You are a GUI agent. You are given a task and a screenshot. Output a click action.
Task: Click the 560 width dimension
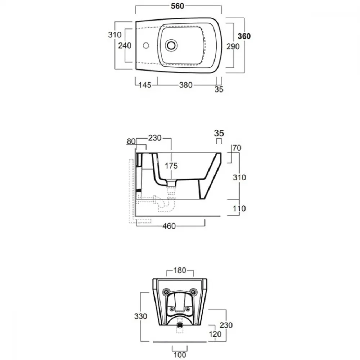(177, 6)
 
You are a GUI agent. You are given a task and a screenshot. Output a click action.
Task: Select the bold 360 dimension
(244, 36)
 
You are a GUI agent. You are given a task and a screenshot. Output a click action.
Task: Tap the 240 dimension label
(125, 45)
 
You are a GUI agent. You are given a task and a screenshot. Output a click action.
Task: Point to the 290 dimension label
(233, 46)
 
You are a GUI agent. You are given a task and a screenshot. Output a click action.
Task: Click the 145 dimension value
(145, 85)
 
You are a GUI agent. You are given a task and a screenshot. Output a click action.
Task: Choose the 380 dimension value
(185, 85)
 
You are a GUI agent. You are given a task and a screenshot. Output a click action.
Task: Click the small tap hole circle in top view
(146, 45)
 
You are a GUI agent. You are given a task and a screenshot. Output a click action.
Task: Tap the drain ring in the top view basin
(171, 45)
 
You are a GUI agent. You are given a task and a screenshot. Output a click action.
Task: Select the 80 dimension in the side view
(131, 141)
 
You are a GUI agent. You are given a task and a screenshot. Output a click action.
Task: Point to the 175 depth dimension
(171, 166)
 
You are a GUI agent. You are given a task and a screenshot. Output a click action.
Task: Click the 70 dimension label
(237, 148)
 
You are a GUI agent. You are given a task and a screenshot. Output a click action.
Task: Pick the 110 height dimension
(239, 208)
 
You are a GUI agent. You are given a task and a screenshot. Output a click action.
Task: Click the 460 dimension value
(169, 226)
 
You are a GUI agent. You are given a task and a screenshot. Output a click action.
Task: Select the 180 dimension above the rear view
(180, 270)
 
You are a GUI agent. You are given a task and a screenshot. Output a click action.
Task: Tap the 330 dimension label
(140, 316)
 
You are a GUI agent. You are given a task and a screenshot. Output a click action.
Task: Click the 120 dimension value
(215, 334)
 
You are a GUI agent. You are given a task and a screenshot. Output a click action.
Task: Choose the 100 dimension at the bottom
(180, 355)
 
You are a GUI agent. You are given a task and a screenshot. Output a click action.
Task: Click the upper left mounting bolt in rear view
(166, 292)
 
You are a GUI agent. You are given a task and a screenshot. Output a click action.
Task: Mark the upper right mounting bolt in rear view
(194, 292)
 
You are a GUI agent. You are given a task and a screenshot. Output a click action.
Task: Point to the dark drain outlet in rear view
(180, 325)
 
